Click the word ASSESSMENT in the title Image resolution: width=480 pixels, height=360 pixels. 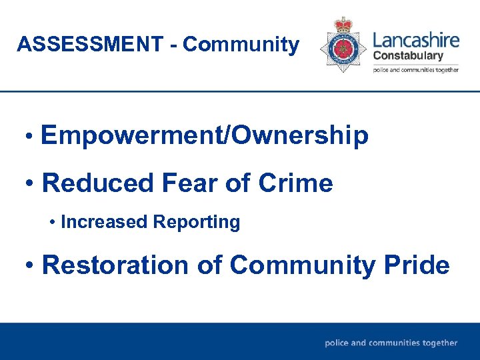pos(89,45)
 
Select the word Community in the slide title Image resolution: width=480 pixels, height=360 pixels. pos(241,45)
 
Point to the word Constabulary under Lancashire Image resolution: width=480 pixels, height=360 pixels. pos(407,55)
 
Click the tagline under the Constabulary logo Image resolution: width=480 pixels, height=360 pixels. pos(415,69)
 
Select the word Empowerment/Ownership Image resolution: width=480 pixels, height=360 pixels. pos(204,135)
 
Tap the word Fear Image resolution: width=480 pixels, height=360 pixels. pos(195,183)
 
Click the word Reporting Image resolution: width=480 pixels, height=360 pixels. pos(196,222)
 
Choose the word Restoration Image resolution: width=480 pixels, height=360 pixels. pos(116,265)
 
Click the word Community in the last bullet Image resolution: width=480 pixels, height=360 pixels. pos(303,265)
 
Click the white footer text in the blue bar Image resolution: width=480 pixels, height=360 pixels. pos(391,343)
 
